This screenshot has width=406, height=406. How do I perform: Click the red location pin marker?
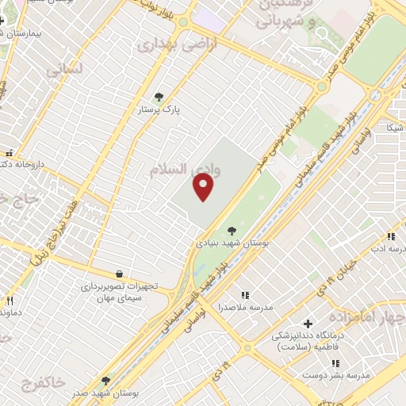coord(205,187)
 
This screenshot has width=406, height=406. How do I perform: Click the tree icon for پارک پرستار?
coord(159,96)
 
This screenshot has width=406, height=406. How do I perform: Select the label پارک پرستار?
coord(159,109)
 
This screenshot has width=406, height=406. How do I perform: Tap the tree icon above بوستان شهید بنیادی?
coord(232,230)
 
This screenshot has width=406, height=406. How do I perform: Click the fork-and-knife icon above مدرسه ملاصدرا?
coord(244,295)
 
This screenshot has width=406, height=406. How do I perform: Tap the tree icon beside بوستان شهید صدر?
coord(106,381)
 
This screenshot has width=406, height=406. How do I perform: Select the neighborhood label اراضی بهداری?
coord(166,44)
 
